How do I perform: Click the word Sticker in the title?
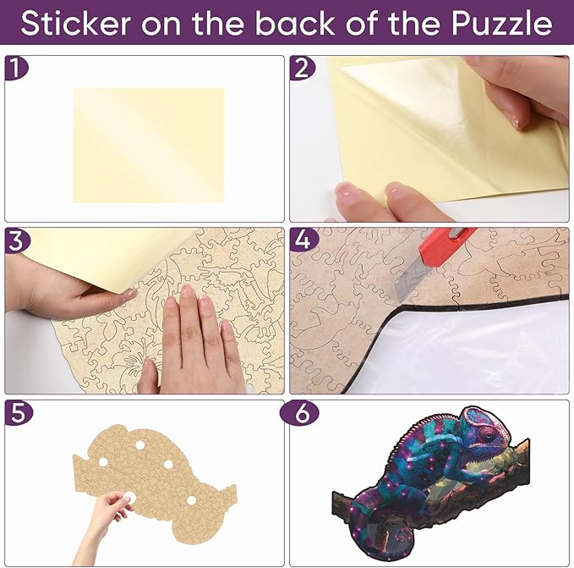point(76,24)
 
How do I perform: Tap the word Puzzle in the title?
point(501,24)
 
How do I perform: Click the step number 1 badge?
point(15,68)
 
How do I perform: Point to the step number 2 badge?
point(302,69)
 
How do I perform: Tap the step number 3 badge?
point(16,240)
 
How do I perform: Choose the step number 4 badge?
point(303,240)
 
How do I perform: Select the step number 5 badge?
point(19,412)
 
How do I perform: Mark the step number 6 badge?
point(300,413)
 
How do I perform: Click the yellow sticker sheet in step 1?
point(149,145)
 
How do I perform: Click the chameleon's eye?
point(488,435)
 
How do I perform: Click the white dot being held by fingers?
point(128,499)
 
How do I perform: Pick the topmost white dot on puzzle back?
point(139,445)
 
